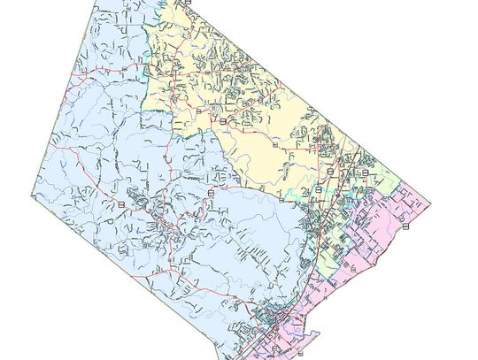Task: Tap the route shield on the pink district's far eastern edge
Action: [x=406, y=226]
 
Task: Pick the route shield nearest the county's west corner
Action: [x=120, y=204]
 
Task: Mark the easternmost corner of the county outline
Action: [x=430, y=206]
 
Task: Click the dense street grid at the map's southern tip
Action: [x=270, y=323]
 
